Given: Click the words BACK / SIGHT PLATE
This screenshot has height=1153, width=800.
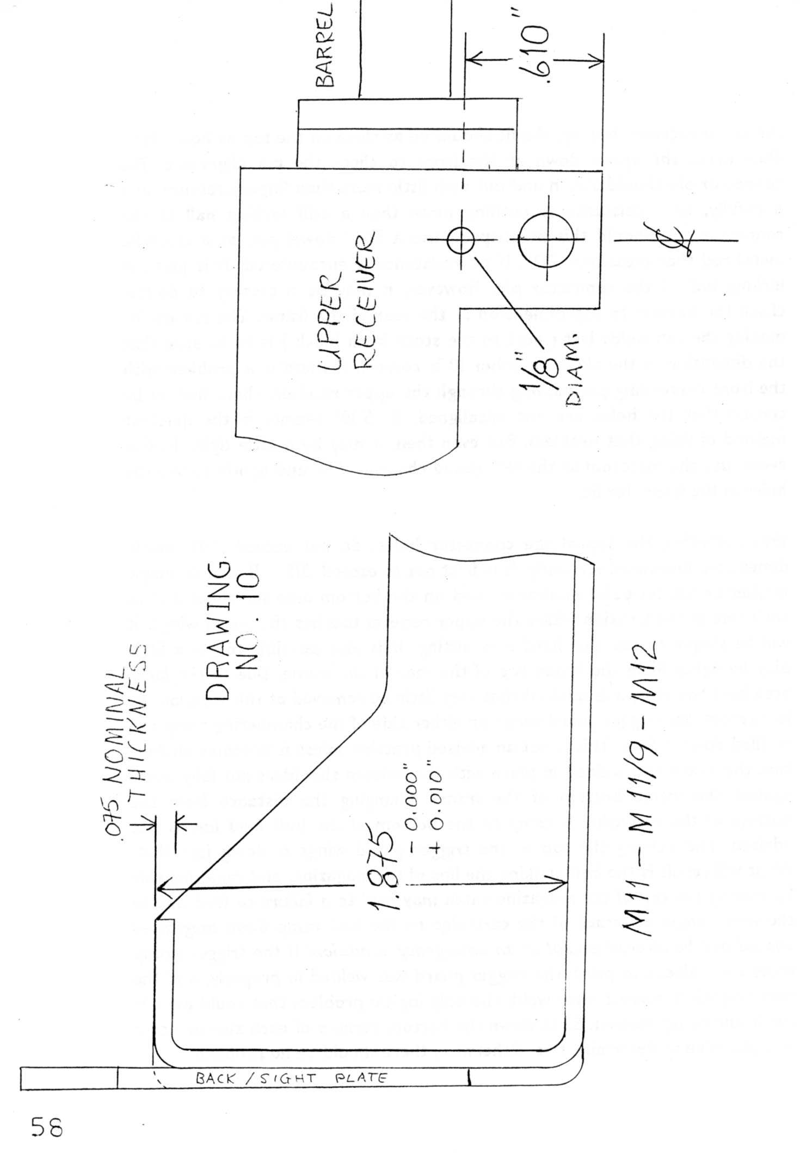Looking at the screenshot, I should [x=291, y=1080].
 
